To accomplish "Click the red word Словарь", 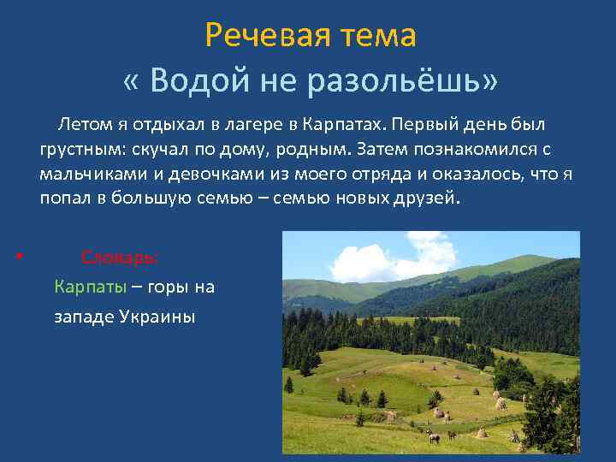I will pos(119,257).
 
